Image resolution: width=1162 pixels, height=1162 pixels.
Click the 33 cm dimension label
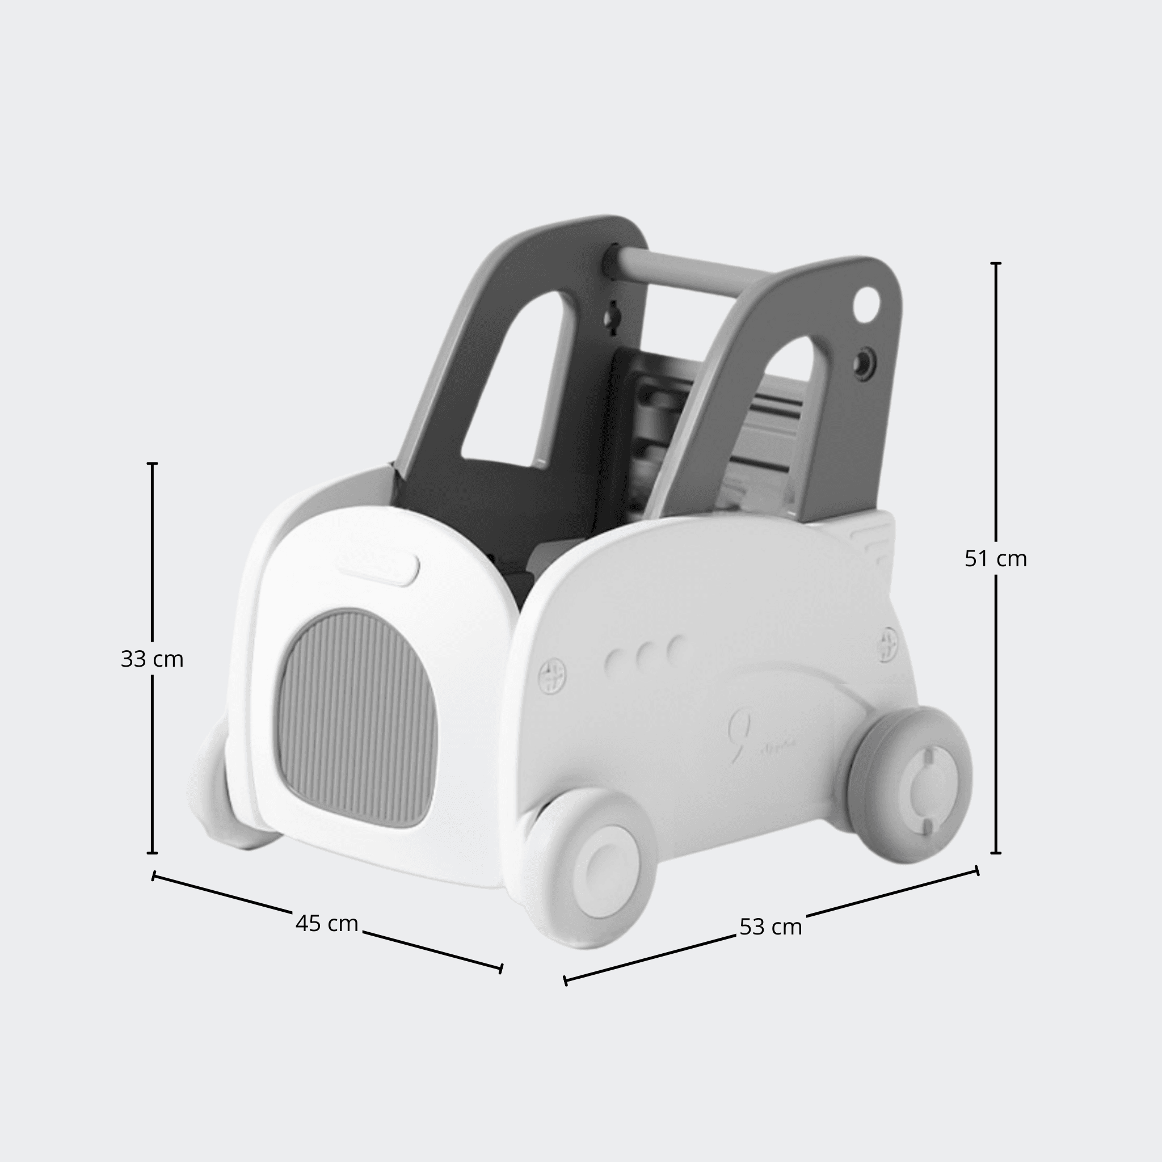click(x=152, y=659)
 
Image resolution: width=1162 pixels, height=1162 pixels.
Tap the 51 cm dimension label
click(x=996, y=559)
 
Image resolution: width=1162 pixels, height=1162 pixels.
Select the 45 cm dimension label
click(x=327, y=923)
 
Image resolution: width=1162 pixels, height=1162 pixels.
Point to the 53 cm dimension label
click(x=771, y=927)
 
